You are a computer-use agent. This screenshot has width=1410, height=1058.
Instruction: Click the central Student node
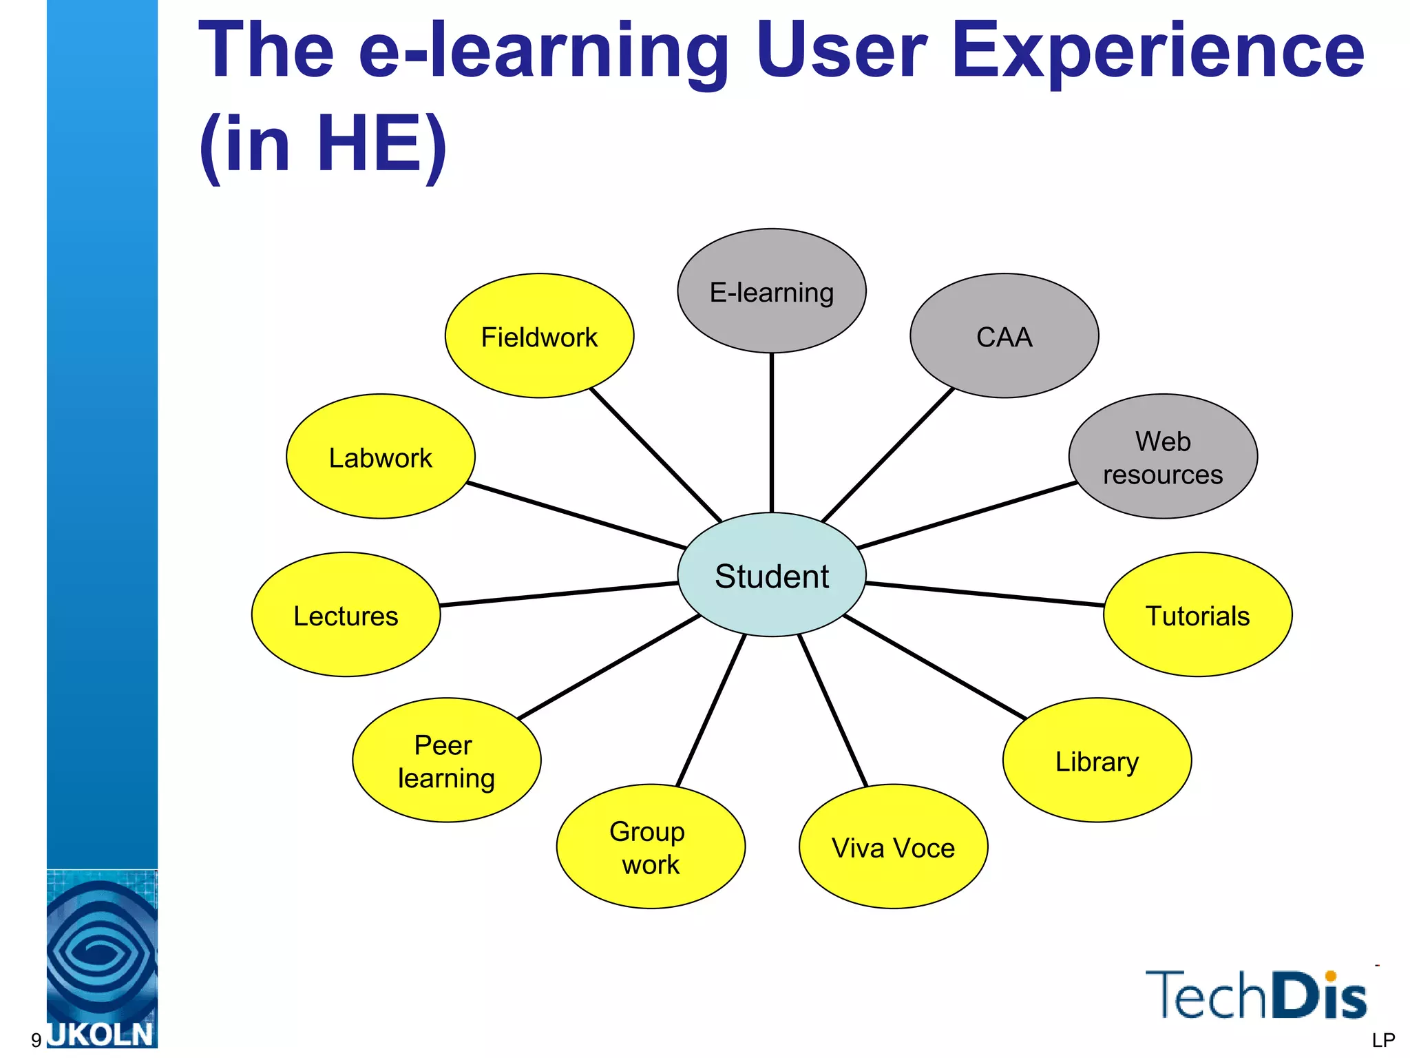771,575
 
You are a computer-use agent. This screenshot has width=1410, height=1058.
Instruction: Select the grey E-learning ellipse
771,291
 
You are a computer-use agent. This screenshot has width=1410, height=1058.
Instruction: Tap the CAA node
1004,336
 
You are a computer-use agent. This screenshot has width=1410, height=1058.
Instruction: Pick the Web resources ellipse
1163,457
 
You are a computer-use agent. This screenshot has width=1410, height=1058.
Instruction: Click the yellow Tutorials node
1197,615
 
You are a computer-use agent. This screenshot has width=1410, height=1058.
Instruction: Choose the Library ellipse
1097,760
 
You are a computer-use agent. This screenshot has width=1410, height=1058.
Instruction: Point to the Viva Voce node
893,847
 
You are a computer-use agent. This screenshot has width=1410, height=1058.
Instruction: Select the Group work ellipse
651,847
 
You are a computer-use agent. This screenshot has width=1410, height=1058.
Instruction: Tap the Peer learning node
446,760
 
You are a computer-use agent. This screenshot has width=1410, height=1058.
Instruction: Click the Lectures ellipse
346,615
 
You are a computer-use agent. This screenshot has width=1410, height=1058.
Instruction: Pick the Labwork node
380,457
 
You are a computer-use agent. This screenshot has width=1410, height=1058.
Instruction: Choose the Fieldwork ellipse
539,336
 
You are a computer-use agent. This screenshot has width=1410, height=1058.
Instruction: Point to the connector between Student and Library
934,667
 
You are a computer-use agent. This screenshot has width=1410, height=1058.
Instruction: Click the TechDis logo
1255,995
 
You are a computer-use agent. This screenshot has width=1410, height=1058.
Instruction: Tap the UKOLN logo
102,964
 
